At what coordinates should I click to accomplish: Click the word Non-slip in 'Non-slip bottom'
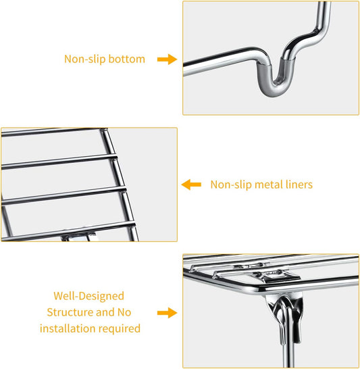[85, 59]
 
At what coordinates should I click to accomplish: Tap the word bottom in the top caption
[126, 59]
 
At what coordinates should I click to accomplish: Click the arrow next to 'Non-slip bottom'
[167, 59]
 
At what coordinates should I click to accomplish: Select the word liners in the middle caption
[299, 184]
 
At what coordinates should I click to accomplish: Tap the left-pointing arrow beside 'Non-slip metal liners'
[191, 184]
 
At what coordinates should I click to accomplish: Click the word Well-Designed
[88, 296]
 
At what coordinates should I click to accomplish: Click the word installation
[68, 328]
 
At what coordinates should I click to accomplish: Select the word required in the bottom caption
[120, 329]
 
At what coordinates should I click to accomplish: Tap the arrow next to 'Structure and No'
[167, 313]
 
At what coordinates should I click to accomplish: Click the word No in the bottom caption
[124, 312]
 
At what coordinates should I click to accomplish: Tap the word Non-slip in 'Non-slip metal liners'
[231, 184]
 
